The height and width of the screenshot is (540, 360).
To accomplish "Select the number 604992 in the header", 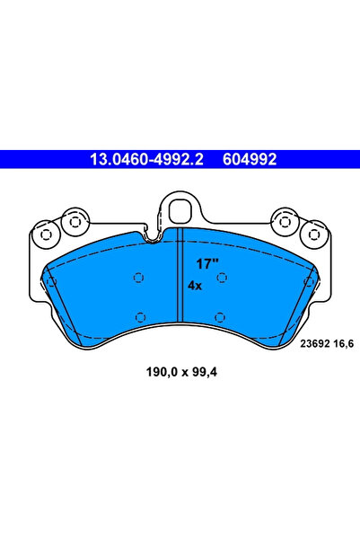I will tap(243, 160).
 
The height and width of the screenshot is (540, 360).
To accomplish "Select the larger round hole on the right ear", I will tap(285, 222).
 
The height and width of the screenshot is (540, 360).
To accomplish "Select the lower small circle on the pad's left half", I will tap(140, 314).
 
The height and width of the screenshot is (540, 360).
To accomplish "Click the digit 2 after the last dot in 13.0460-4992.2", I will tap(201, 160).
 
